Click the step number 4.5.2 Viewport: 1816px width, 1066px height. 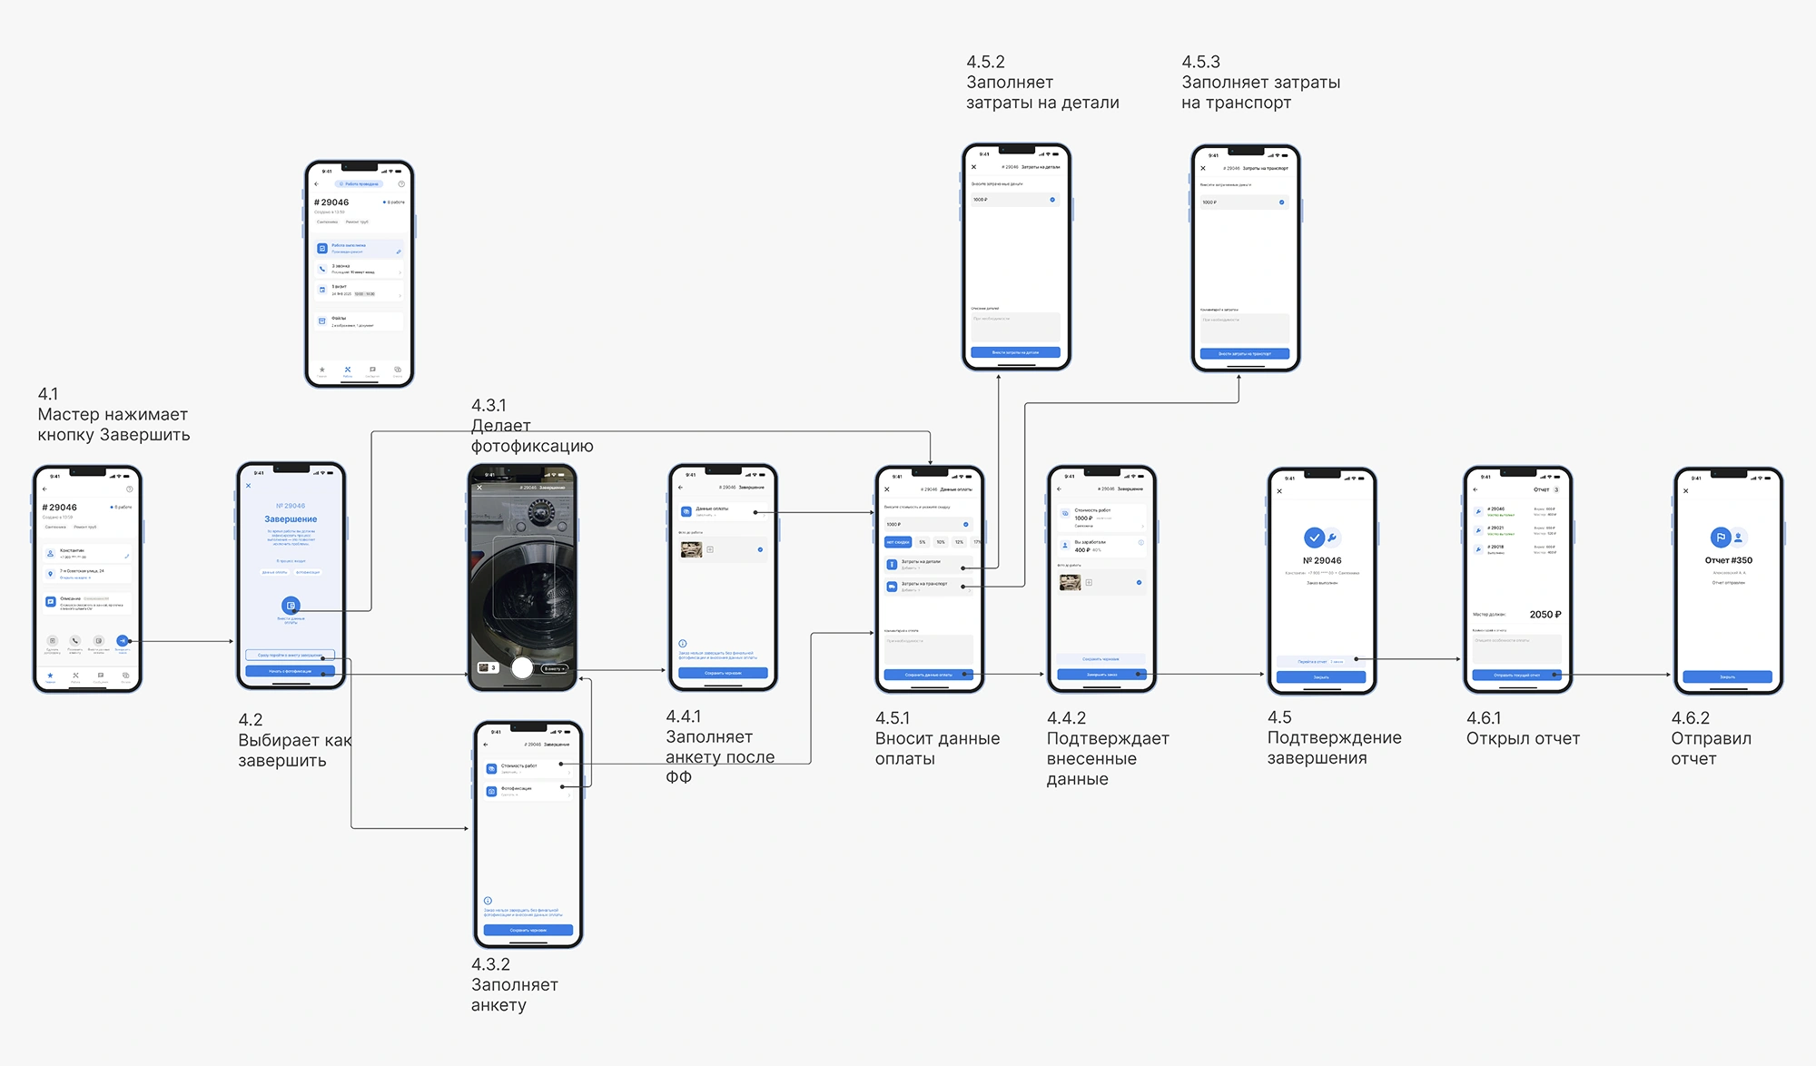tap(985, 63)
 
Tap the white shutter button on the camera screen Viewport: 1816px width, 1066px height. tap(522, 668)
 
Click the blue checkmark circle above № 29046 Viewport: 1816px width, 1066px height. tap(1314, 538)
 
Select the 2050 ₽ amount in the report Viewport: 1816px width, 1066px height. tap(1545, 615)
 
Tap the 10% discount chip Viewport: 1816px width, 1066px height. tap(941, 542)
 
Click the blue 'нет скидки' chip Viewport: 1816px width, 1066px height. tap(898, 542)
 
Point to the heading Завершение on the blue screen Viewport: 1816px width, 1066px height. tap(291, 519)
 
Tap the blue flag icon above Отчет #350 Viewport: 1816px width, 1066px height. tap(1720, 538)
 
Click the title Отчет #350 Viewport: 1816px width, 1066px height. tap(1728, 561)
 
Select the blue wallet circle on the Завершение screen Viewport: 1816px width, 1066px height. tap(291, 606)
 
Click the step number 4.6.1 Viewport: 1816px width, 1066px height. tap(1484, 718)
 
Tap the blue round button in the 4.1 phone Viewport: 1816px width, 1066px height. tap(123, 641)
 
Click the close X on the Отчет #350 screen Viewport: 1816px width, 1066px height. tap(1686, 491)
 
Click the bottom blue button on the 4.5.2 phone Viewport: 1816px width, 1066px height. tap(1015, 352)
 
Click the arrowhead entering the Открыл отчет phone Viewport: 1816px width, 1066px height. tap(1458, 659)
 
